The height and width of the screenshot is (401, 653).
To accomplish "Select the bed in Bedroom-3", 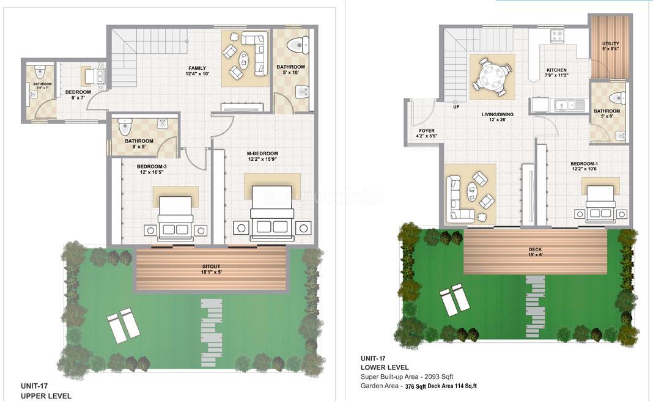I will pos(175,218).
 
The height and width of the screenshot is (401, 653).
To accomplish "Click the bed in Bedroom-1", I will pos(602,204).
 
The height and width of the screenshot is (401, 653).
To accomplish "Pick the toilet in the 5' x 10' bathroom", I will pos(298,45).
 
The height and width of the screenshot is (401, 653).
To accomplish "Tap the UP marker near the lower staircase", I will pos(455,106).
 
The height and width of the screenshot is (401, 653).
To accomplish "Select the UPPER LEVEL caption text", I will pos(46,395).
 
